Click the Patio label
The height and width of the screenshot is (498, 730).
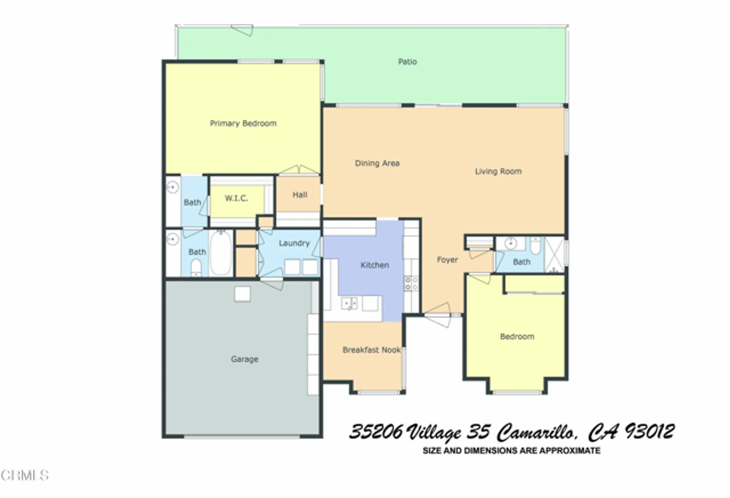[407, 61]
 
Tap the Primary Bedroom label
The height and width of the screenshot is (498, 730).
[243, 123]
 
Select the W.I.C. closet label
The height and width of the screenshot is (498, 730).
[236, 198]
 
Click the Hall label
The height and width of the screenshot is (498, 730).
[300, 195]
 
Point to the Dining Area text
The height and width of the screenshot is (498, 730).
[377, 163]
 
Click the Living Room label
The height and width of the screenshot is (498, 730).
[498, 171]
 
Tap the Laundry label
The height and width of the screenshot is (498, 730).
[294, 243]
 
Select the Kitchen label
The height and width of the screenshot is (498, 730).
[374, 265]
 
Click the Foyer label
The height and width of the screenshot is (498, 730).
[447, 259]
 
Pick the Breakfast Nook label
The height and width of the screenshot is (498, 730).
[372, 350]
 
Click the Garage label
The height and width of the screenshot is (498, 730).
[244, 359]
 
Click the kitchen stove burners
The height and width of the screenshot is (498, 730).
[411, 284]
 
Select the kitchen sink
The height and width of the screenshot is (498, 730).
[349, 303]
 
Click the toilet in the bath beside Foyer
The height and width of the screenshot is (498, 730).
[535, 246]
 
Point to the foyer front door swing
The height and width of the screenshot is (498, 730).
[439, 316]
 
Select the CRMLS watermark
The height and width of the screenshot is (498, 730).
[24, 475]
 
